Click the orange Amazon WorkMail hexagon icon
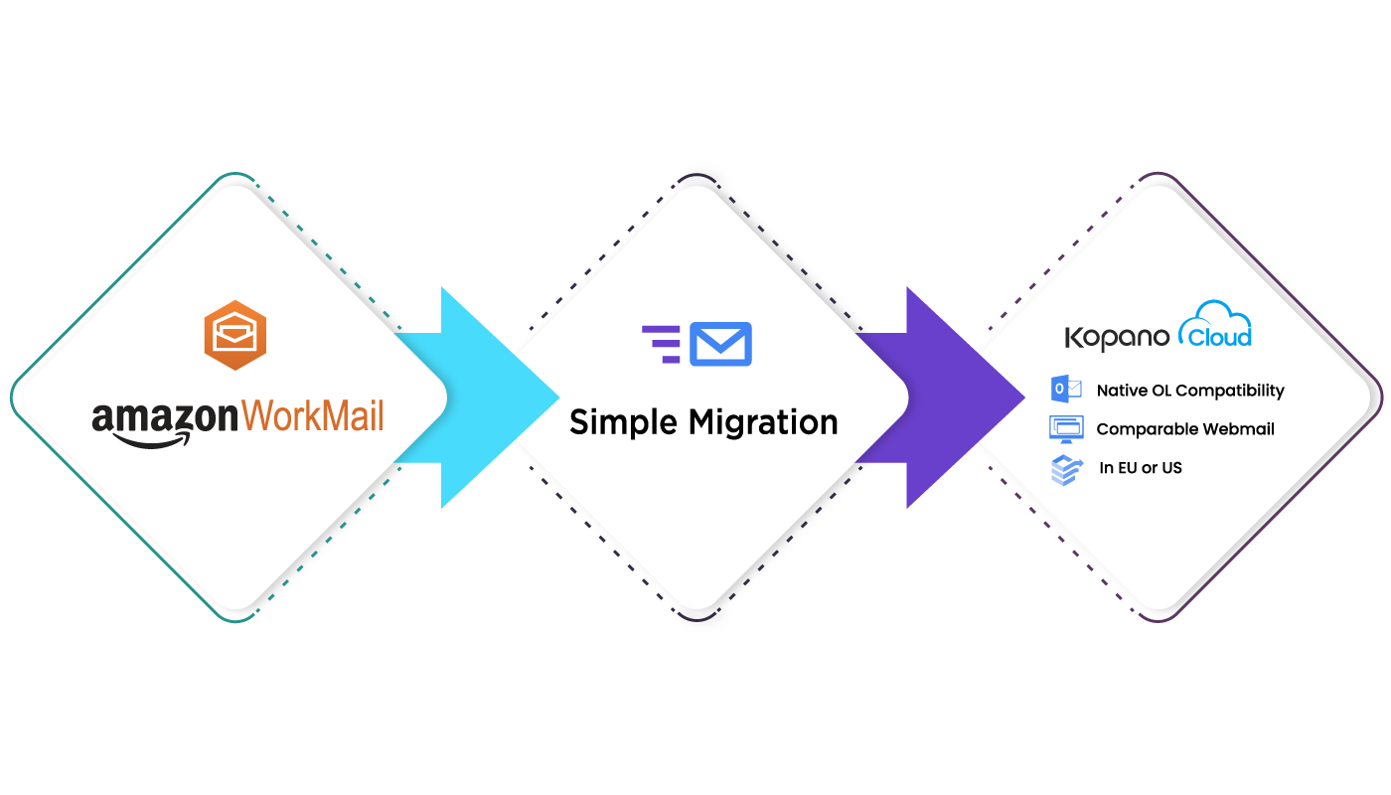236,335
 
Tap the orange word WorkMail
312,416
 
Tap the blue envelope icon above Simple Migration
720,344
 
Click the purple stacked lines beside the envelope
663,344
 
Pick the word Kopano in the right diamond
1117,338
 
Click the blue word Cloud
1216,338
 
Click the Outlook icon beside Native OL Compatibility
1066,390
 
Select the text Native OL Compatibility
1190,391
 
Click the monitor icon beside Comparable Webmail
1066,429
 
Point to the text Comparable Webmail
1185,429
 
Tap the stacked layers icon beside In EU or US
1066,469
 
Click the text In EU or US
1141,468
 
